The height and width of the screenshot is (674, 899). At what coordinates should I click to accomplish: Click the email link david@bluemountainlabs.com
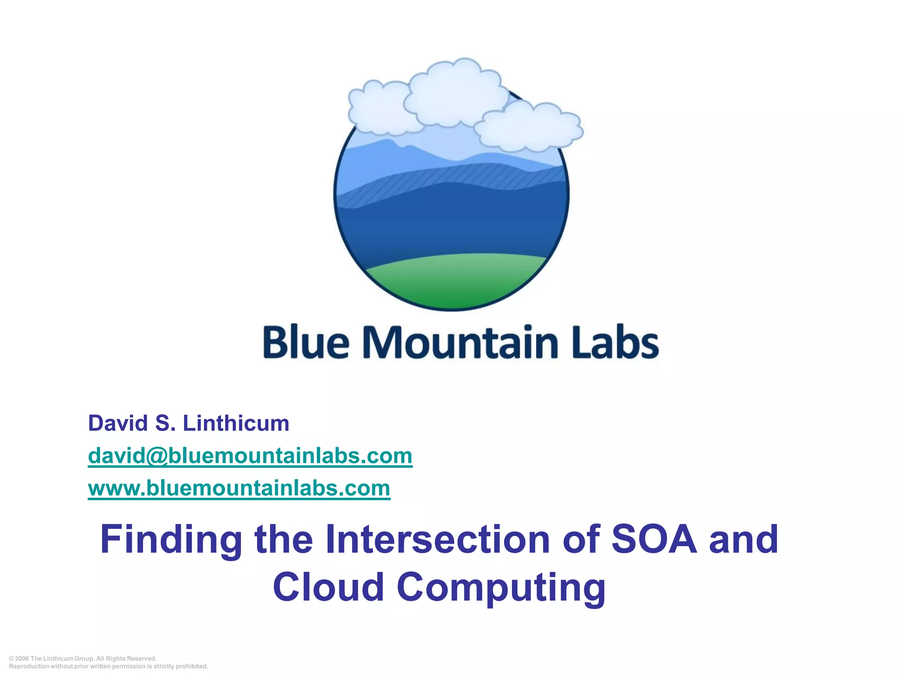pyautogui.click(x=250, y=455)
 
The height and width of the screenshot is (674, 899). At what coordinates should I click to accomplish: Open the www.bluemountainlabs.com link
pyautogui.click(x=239, y=488)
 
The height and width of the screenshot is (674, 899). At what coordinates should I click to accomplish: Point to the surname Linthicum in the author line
pyautogui.click(x=236, y=423)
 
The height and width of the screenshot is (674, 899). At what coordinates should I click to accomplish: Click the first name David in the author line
pyautogui.click(x=118, y=423)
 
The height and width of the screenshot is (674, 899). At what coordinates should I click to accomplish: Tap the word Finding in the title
pyautogui.click(x=171, y=540)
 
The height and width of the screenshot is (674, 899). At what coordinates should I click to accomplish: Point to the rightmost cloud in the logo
pyautogui.click(x=529, y=127)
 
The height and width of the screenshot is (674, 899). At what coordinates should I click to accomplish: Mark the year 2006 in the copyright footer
pyautogui.click(x=22, y=659)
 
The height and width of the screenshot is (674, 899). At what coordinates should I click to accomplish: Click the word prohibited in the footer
pyautogui.click(x=191, y=666)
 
